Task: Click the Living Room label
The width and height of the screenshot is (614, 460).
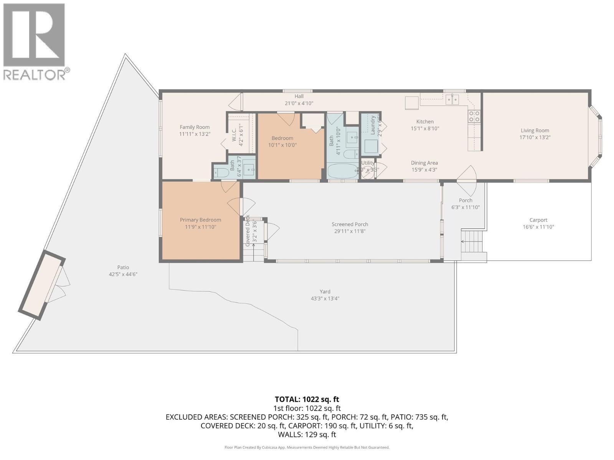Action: click(x=535, y=130)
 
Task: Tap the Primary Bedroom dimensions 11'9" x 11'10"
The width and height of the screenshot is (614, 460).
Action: click(x=200, y=227)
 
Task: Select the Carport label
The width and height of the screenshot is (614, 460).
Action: click(x=538, y=220)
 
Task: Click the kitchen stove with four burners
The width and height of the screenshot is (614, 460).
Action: click(x=474, y=116)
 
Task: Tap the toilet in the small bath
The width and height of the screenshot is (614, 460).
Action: click(x=221, y=172)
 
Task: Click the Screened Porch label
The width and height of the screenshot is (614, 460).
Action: click(x=350, y=224)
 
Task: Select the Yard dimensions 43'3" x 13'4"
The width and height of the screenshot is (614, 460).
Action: click(x=325, y=299)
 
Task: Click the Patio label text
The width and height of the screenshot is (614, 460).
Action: click(x=123, y=267)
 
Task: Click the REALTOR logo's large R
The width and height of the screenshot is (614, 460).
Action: click(x=34, y=35)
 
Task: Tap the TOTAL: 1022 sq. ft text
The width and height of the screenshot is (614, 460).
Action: click(x=307, y=399)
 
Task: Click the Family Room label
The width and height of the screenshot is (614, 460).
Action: click(x=195, y=127)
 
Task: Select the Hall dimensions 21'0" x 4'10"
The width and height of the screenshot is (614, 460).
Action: click(x=299, y=103)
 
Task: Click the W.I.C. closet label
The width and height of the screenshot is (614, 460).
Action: click(x=234, y=132)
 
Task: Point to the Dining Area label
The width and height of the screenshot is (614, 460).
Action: click(x=424, y=163)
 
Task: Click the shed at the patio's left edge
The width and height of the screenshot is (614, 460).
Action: click(x=41, y=284)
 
